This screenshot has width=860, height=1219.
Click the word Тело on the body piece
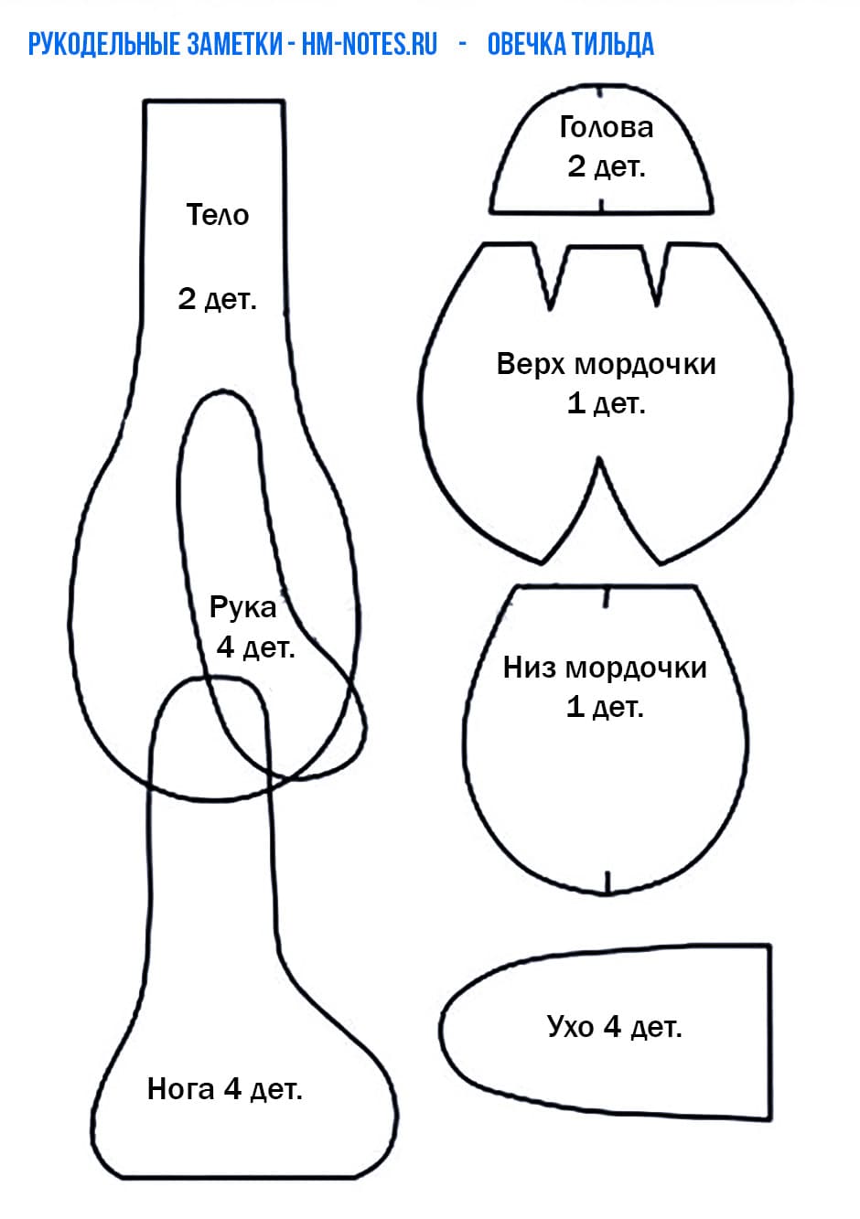pos(218,215)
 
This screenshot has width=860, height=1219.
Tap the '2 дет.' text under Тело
pos(218,299)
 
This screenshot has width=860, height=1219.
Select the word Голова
pos(606,127)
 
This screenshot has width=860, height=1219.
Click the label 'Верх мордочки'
pos(606,364)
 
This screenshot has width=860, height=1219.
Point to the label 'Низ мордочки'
pos(605,668)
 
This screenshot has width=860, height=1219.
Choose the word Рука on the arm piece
pos(242,607)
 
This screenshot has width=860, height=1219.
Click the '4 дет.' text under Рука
pos(255,647)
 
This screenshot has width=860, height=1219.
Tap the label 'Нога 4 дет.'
pos(224,1089)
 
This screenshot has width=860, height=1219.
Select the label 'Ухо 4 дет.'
pos(614,1027)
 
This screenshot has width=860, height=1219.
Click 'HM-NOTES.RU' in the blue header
pos(370,44)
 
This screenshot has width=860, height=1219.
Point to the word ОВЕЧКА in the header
pos(527,44)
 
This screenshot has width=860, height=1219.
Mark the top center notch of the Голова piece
pos(600,91)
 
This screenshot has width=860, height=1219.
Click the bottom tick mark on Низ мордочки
pos(607,882)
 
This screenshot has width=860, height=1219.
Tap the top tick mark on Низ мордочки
pos(607,598)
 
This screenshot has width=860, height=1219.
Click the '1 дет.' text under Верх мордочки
pos(606,403)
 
